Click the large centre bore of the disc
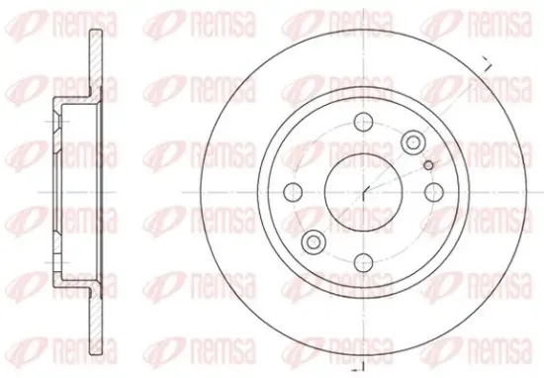coord(363,192)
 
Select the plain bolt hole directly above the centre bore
coord(363,122)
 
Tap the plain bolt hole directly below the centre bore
coord(363,263)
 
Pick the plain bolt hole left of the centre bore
coord(293,192)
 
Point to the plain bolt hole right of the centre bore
coord(434,192)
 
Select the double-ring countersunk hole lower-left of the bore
coord(314,241)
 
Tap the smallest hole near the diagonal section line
coord(429,165)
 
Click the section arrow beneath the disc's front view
coord(357,368)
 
